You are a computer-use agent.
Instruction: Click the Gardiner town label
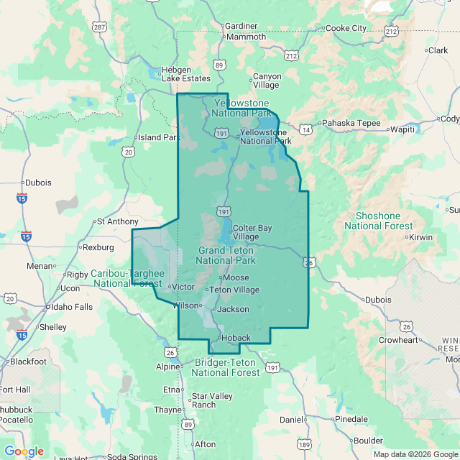241,26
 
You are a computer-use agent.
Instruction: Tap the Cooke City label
346,28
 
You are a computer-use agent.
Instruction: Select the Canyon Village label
267,80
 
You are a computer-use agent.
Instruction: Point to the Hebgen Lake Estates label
185,74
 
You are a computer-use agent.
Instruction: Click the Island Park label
158,137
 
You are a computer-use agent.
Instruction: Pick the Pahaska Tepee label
350,123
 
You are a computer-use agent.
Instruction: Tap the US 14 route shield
306,129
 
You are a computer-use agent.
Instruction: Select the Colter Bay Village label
252,232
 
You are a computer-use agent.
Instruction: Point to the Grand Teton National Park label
226,255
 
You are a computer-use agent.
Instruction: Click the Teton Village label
234,290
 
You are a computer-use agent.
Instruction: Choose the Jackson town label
233,309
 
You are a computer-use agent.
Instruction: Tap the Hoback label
236,338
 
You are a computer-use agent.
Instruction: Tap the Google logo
24,451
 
